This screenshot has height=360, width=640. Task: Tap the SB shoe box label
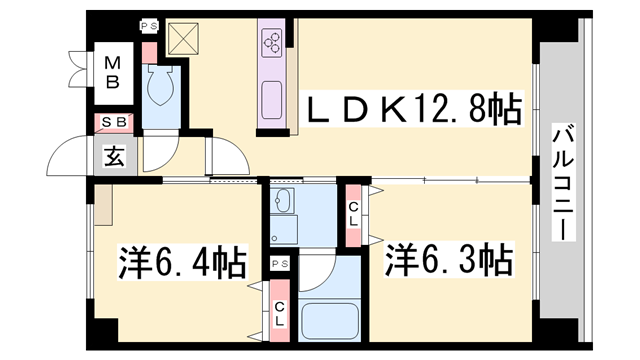pos(113,122)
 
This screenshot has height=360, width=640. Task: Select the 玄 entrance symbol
pos(112,156)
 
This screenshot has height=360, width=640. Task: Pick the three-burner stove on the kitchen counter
pos(273,41)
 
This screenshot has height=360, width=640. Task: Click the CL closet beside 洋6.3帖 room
pos(354,214)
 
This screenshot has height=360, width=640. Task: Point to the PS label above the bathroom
pos(280,263)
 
